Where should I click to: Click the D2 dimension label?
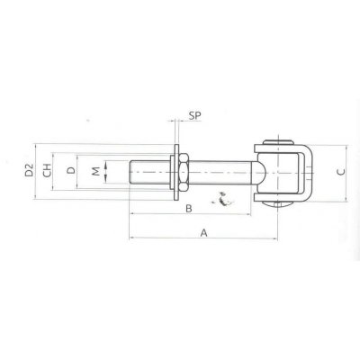coord(29,170)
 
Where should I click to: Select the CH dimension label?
coord(47,170)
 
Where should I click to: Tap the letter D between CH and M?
coord(71,170)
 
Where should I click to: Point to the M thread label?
coord(95,171)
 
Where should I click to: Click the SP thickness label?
coord(194,115)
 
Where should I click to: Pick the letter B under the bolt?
coord(189,208)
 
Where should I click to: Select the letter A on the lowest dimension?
coord(204,233)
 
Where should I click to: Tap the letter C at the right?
coord(341,172)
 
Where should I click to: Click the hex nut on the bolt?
coord(184,172)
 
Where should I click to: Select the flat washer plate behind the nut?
coord(176,172)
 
